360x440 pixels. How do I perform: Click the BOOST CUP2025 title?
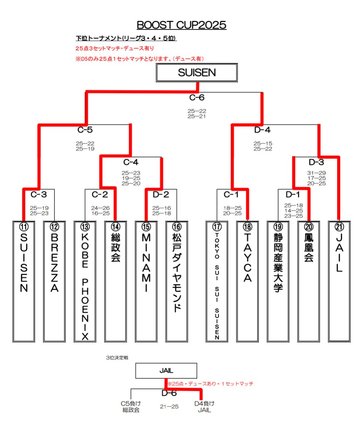coord(181,25)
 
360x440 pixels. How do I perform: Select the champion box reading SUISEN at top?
coord(197,73)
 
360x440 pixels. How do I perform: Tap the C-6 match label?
coord(197,97)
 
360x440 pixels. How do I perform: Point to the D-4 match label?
coord(262,130)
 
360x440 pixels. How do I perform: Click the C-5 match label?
coord(85,130)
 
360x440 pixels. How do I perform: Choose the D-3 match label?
coord(317,162)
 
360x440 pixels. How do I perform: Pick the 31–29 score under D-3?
coord(317,173)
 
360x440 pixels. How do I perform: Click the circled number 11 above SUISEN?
coord(24,226)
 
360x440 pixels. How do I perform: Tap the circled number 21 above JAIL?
coord(339,226)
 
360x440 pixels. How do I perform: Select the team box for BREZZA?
coord(55,282)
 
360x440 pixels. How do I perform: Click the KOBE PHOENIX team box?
coord(85,282)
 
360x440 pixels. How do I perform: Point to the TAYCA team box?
coord(247,282)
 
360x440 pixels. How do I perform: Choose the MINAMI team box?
coord(146,282)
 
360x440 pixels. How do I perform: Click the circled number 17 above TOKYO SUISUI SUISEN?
coord(217,226)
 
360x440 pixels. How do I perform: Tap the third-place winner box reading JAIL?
coord(166,371)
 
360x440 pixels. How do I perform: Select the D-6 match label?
coord(169,393)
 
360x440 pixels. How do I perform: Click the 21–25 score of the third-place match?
coord(169,407)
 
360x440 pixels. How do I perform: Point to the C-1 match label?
coord(231,195)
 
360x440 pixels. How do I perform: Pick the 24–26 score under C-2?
coord(100,208)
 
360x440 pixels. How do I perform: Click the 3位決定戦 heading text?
coord(117,358)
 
